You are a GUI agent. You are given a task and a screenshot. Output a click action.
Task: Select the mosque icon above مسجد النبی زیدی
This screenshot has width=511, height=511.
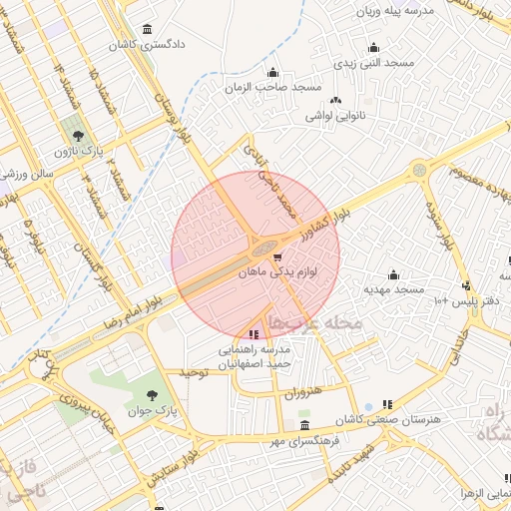(373, 47)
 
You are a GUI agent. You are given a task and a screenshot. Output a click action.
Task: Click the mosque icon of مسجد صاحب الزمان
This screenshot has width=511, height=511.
(273, 73)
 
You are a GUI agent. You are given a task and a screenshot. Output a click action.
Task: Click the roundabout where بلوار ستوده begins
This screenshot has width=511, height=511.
(419, 171)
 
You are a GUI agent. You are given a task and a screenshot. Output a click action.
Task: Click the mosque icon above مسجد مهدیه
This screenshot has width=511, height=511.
(394, 274)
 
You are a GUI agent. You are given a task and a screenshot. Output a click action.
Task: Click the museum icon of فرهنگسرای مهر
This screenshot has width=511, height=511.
(304, 426)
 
